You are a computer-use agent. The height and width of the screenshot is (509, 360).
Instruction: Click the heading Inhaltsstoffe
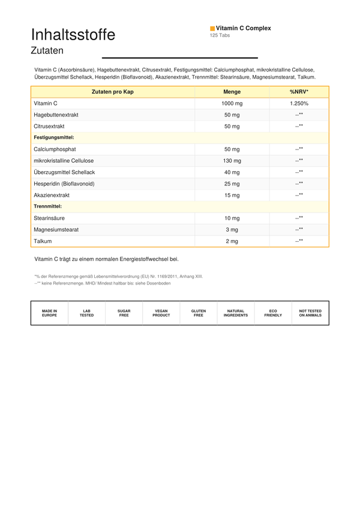tap(73, 35)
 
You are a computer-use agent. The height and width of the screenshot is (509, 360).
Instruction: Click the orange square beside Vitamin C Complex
tap(212, 28)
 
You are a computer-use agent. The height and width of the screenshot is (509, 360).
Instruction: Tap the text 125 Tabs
tap(220, 35)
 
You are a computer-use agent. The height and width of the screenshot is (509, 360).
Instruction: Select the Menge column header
tap(232, 92)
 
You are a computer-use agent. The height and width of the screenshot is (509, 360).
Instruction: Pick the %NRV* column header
tap(299, 92)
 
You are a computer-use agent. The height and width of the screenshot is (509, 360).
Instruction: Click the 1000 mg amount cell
tap(232, 103)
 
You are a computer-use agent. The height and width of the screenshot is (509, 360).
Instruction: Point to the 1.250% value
tap(299, 103)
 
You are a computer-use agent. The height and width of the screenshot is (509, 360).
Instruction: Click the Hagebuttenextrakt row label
tap(56, 115)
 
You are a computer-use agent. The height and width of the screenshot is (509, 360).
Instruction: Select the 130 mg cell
tap(232, 161)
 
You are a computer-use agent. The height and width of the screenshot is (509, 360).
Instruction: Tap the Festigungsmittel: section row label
tap(54, 137)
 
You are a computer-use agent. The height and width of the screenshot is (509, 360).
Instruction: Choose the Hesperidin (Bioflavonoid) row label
tap(64, 184)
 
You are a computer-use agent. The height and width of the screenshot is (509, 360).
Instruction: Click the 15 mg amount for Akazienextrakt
tap(232, 195)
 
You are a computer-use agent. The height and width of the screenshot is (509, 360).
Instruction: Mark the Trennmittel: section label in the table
tap(48, 206)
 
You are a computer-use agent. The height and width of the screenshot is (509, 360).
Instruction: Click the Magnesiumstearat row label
tap(56, 230)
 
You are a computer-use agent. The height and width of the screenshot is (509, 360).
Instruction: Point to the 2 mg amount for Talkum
tap(232, 241)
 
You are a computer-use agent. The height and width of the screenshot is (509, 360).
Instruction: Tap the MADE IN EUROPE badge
tap(49, 313)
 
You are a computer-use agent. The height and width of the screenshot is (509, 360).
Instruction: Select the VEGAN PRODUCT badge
tap(161, 313)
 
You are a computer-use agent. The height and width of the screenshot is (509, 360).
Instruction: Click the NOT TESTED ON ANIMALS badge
tap(310, 313)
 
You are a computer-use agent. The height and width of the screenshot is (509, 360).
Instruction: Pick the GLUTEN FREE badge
tap(199, 313)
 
